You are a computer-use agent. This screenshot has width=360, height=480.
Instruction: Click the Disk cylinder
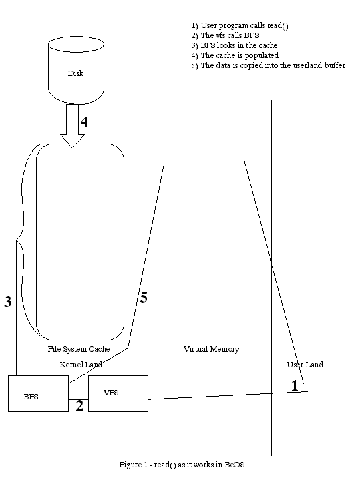[76, 71]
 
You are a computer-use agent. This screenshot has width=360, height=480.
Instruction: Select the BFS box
[38, 393]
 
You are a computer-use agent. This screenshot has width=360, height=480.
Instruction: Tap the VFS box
[118, 393]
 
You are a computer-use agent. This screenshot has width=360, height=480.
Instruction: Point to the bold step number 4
[84, 122]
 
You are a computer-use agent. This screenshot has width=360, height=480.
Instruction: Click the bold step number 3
[7, 302]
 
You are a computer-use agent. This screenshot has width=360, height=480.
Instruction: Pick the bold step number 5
[144, 298]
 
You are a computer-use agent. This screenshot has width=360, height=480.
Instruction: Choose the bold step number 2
[79, 405]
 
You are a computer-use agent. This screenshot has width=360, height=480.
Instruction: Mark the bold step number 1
[295, 385]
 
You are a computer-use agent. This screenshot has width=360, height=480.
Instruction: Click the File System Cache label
[79, 349]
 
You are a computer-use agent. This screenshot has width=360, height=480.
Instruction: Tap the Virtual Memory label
[211, 349]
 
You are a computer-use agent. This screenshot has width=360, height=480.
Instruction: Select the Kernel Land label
[81, 365]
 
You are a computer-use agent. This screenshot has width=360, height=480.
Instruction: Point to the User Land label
[305, 365]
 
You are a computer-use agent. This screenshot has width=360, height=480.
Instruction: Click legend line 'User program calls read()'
[240, 25]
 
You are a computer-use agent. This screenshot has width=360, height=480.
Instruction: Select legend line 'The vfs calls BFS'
[225, 35]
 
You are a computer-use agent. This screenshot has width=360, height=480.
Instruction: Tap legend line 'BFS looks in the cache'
[234, 45]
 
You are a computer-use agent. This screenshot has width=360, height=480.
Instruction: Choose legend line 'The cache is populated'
[235, 55]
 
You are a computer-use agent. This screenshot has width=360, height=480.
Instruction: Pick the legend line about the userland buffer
[268, 65]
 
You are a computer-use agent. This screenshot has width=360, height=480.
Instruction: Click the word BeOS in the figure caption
[234, 465]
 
